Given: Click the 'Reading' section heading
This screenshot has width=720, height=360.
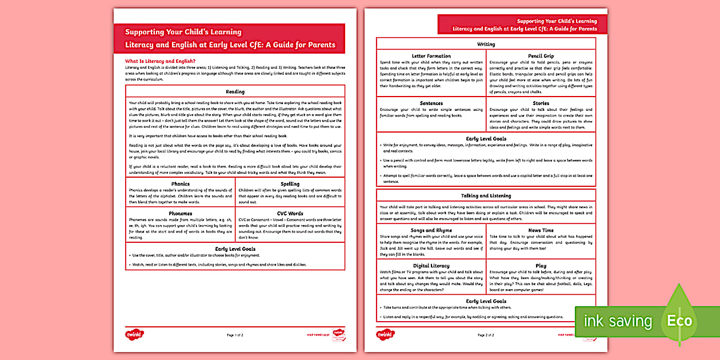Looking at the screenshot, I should coord(235,91).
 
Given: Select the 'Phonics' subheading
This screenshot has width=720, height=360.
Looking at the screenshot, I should coord(180,184).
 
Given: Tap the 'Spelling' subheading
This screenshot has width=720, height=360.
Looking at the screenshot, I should coord(290,184).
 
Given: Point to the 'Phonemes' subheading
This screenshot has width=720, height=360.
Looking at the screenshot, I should coord(180,213).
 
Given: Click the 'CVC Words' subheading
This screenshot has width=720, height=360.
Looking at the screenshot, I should coord(290,213).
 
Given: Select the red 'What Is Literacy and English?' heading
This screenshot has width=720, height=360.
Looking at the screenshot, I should coord(161,61).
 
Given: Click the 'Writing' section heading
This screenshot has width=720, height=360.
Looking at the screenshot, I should coord(486,44).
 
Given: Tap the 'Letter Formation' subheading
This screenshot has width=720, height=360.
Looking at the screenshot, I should coord(431,56).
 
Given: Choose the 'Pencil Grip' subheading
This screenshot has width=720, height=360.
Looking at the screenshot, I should coord(541,56).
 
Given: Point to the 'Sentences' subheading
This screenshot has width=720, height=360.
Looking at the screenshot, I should coord(431,103).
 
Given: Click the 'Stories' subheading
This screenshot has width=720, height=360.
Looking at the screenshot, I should coord(541,103).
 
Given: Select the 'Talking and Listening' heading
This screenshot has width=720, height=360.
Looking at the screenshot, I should coord(486,196).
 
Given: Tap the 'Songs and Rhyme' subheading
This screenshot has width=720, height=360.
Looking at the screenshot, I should coord(431,230).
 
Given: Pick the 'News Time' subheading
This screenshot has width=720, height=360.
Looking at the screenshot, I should coord(541,230).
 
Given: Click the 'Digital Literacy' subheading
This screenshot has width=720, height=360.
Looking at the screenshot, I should coord(431,266).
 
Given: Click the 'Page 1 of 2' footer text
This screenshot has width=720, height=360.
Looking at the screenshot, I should coord(235,335).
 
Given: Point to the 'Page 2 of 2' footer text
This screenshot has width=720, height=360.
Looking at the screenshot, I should coord(486,335).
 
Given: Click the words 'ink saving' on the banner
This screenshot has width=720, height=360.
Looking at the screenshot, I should coord(617,321).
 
